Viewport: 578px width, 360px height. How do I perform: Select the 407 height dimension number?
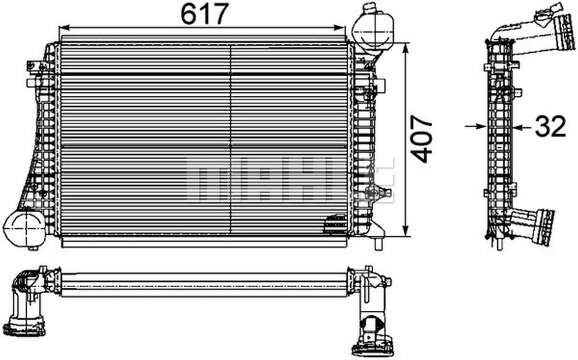(x=423, y=139)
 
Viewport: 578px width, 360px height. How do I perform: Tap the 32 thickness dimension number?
(x=550, y=127)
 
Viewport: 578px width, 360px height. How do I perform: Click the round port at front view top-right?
(x=374, y=31)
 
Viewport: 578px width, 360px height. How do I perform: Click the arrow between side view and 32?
(x=519, y=127)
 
